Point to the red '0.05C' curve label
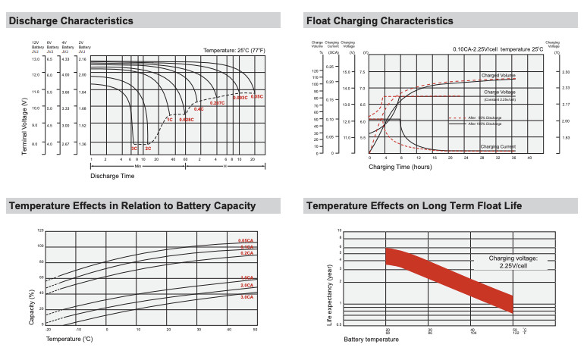pyautogui.click(x=256, y=97)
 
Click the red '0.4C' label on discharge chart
pyautogui.click(x=199, y=109)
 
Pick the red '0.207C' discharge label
pyautogui.click(x=218, y=102)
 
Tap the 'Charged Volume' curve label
pyautogui.click(x=498, y=76)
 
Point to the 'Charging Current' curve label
pyautogui.click(x=498, y=146)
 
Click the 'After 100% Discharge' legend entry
pyautogui.click(x=485, y=124)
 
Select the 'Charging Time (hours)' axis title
pyautogui.click(x=400, y=165)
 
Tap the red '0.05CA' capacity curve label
pyautogui.click(x=246, y=241)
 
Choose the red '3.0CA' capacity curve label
pyautogui.click(x=246, y=297)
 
